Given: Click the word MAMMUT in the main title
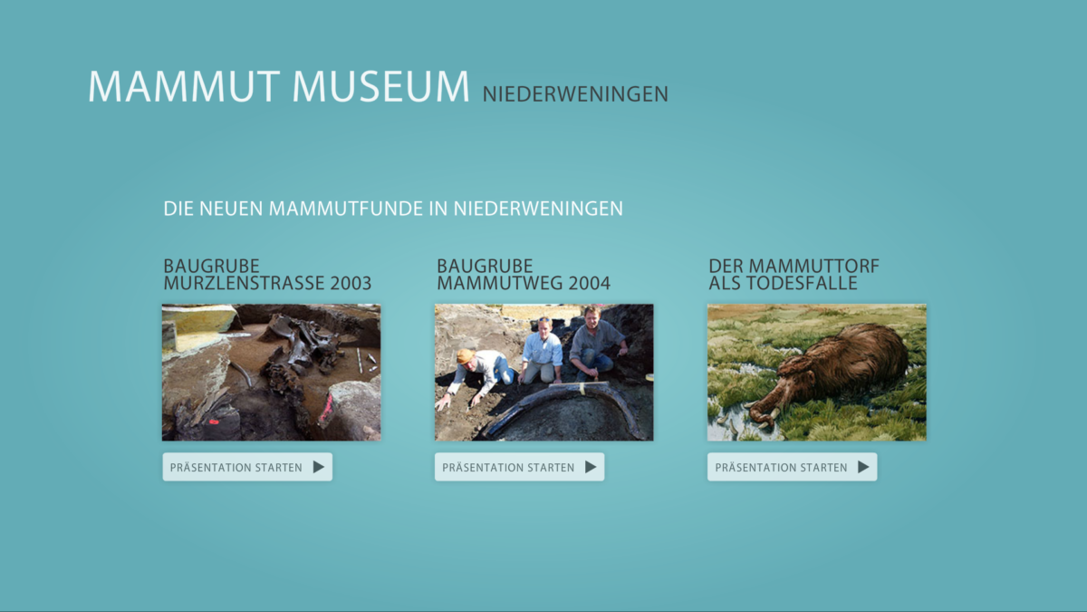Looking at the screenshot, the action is pos(184,86).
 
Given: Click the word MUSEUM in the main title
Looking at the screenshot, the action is pos(380,86).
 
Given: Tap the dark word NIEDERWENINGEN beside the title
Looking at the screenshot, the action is pos(575,94).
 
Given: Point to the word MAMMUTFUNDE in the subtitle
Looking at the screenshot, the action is pos(345,209).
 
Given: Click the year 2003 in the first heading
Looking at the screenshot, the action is pos(351,283).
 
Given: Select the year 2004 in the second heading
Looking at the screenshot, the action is pos(589,283).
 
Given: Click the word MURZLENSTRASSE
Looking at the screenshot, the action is pos(244,283).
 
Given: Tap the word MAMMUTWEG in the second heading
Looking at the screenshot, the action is pos(500,283).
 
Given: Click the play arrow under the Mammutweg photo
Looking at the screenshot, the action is pos(591,467).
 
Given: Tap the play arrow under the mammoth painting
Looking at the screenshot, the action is pos(863,467).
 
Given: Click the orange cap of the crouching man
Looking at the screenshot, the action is pos(466,356).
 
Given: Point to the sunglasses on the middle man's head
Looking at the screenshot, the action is pos(544,319).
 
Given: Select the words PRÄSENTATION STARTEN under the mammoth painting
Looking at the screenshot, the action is pos(781,467).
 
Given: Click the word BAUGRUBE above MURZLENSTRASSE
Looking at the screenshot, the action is pos(211,267).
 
